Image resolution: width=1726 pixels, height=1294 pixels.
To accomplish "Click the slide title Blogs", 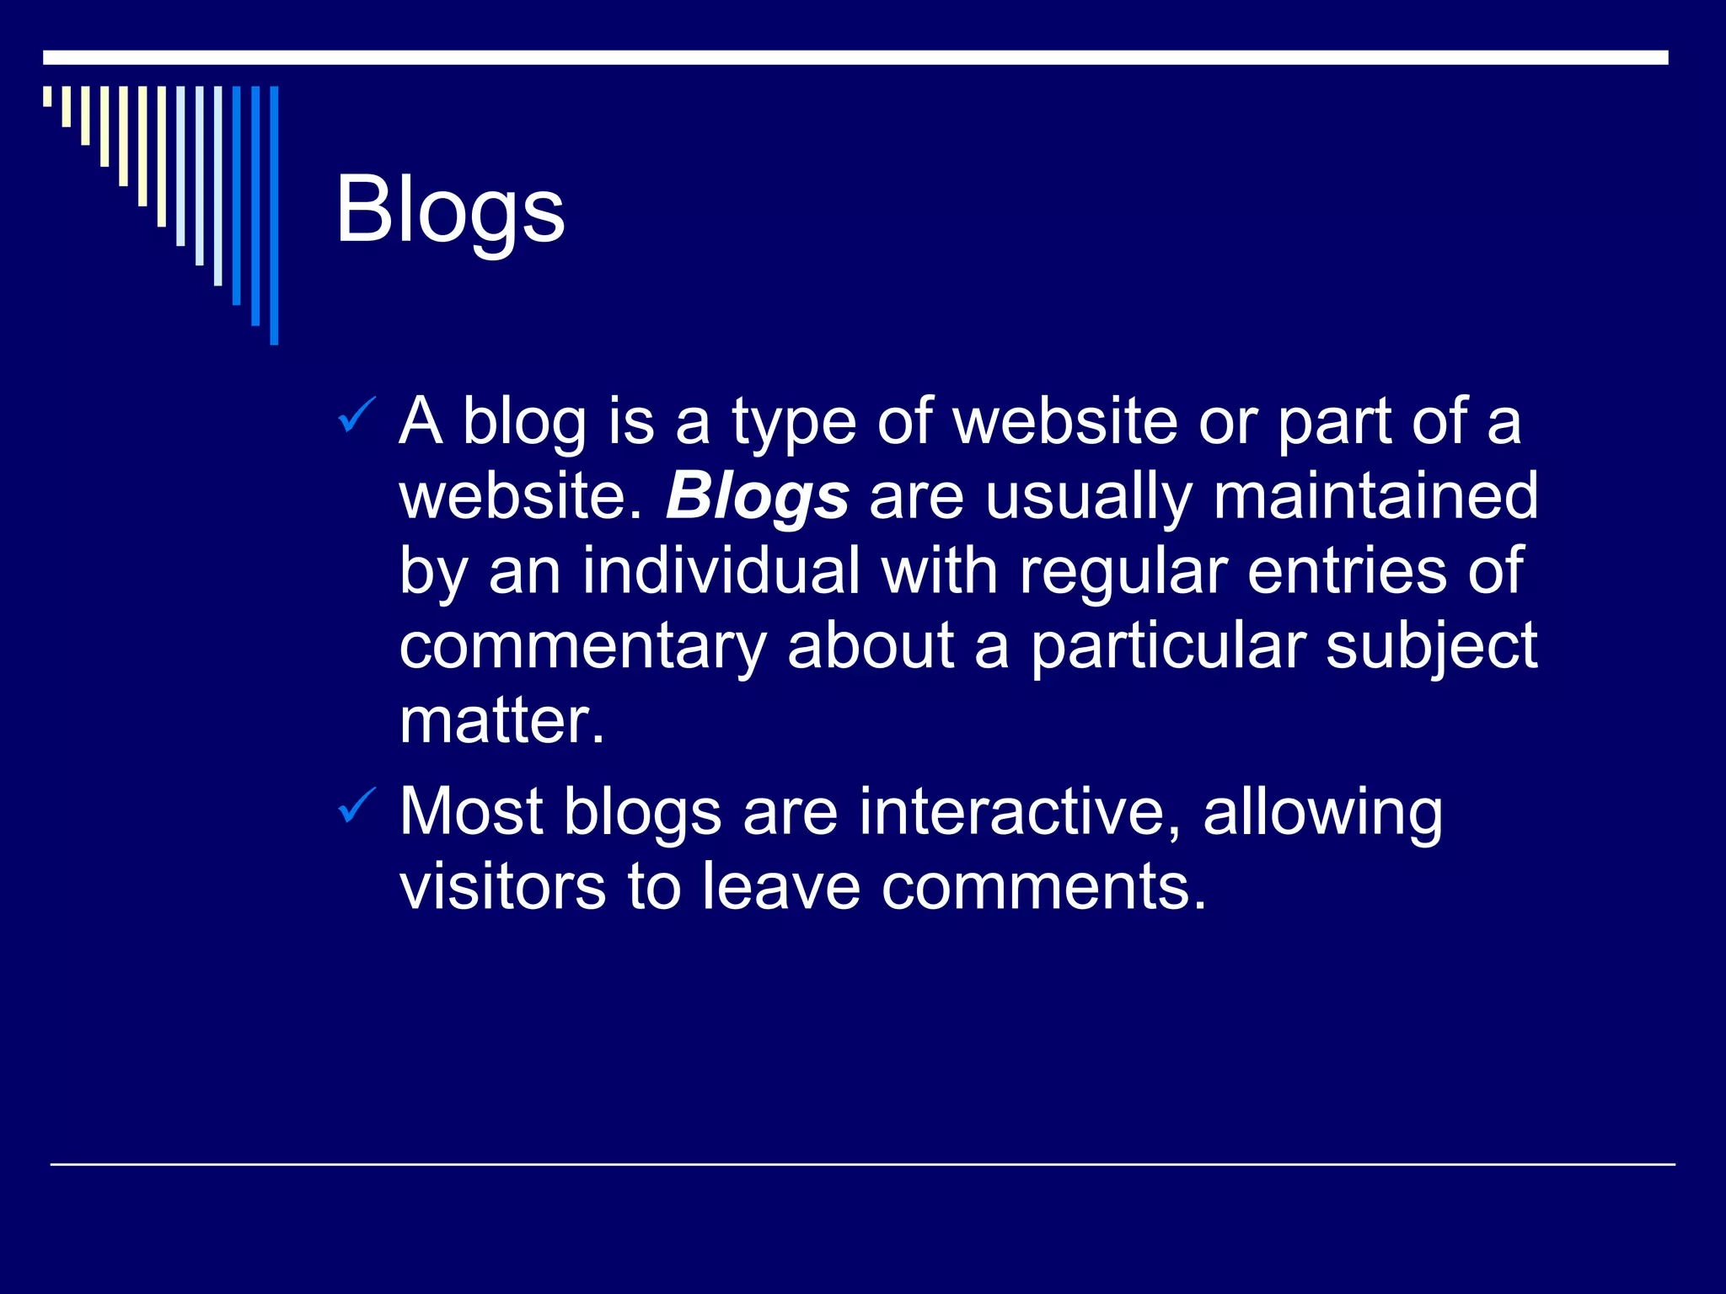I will tap(450, 210).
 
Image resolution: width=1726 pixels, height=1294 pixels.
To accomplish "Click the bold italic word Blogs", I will tap(757, 497).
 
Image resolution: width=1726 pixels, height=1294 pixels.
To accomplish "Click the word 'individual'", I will tap(721, 570).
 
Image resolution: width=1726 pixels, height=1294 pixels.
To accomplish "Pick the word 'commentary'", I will tap(582, 647).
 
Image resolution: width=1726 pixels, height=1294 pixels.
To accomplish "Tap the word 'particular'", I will tap(1168, 647).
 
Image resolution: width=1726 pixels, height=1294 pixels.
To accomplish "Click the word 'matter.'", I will tap(502, 721).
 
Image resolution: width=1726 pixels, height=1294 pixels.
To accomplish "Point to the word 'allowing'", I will tap(1322, 813).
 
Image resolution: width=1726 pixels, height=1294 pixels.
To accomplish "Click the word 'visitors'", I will tap(502, 886).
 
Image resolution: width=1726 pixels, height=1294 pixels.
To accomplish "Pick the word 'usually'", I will tap(1088, 497).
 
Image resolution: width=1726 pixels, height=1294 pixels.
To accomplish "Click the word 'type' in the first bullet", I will tap(793, 422).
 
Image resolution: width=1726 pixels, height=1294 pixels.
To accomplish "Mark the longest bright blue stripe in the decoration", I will tap(274, 215).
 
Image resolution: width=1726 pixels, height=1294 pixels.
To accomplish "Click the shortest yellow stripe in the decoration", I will tap(47, 96).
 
